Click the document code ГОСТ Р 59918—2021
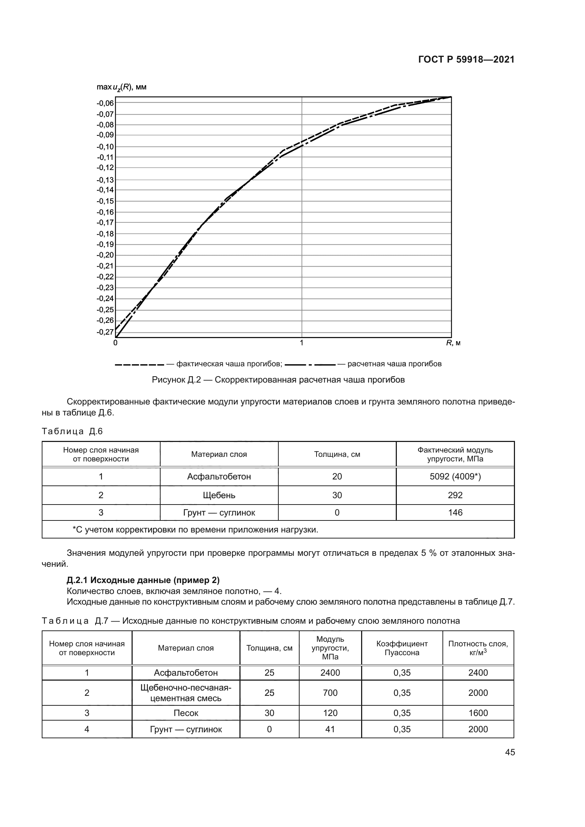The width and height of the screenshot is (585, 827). tap(466, 60)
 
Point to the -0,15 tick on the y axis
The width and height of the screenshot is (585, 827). tap(105, 201)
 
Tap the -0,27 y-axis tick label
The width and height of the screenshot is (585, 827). tap(105, 332)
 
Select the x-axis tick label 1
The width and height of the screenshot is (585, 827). tap(301, 343)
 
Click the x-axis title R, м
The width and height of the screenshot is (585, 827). tap(453, 343)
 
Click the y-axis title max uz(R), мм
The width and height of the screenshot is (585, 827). tap(121, 87)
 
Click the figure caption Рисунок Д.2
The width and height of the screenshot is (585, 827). tap(278, 380)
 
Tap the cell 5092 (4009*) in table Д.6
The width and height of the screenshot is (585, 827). tap(455, 477)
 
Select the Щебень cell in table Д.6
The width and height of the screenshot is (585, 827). tap(219, 495)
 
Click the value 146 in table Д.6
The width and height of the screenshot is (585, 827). tap(455, 513)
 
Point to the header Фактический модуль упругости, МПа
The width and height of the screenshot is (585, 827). tap(455, 454)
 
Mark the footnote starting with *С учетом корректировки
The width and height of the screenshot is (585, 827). tap(195, 530)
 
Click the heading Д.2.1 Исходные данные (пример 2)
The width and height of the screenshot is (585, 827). tap(143, 580)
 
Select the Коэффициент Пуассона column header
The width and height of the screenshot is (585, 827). tap(402, 648)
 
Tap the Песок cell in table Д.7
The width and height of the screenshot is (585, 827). tap(186, 713)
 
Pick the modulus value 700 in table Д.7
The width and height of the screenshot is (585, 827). tap(330, 693)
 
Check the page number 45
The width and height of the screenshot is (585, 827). tap(510, 752)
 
